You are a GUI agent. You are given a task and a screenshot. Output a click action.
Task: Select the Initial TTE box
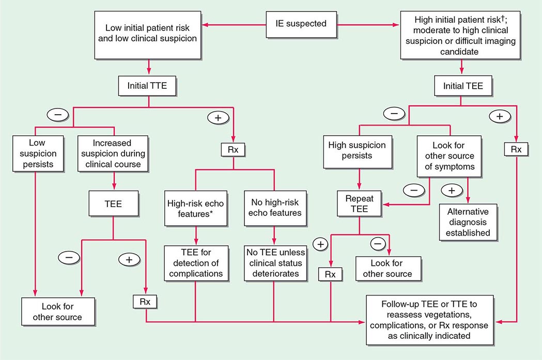(148, 86)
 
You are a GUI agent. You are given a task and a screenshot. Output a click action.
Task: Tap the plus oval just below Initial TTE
(218, 117)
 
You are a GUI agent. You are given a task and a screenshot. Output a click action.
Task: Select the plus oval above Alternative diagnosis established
(452, 190)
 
